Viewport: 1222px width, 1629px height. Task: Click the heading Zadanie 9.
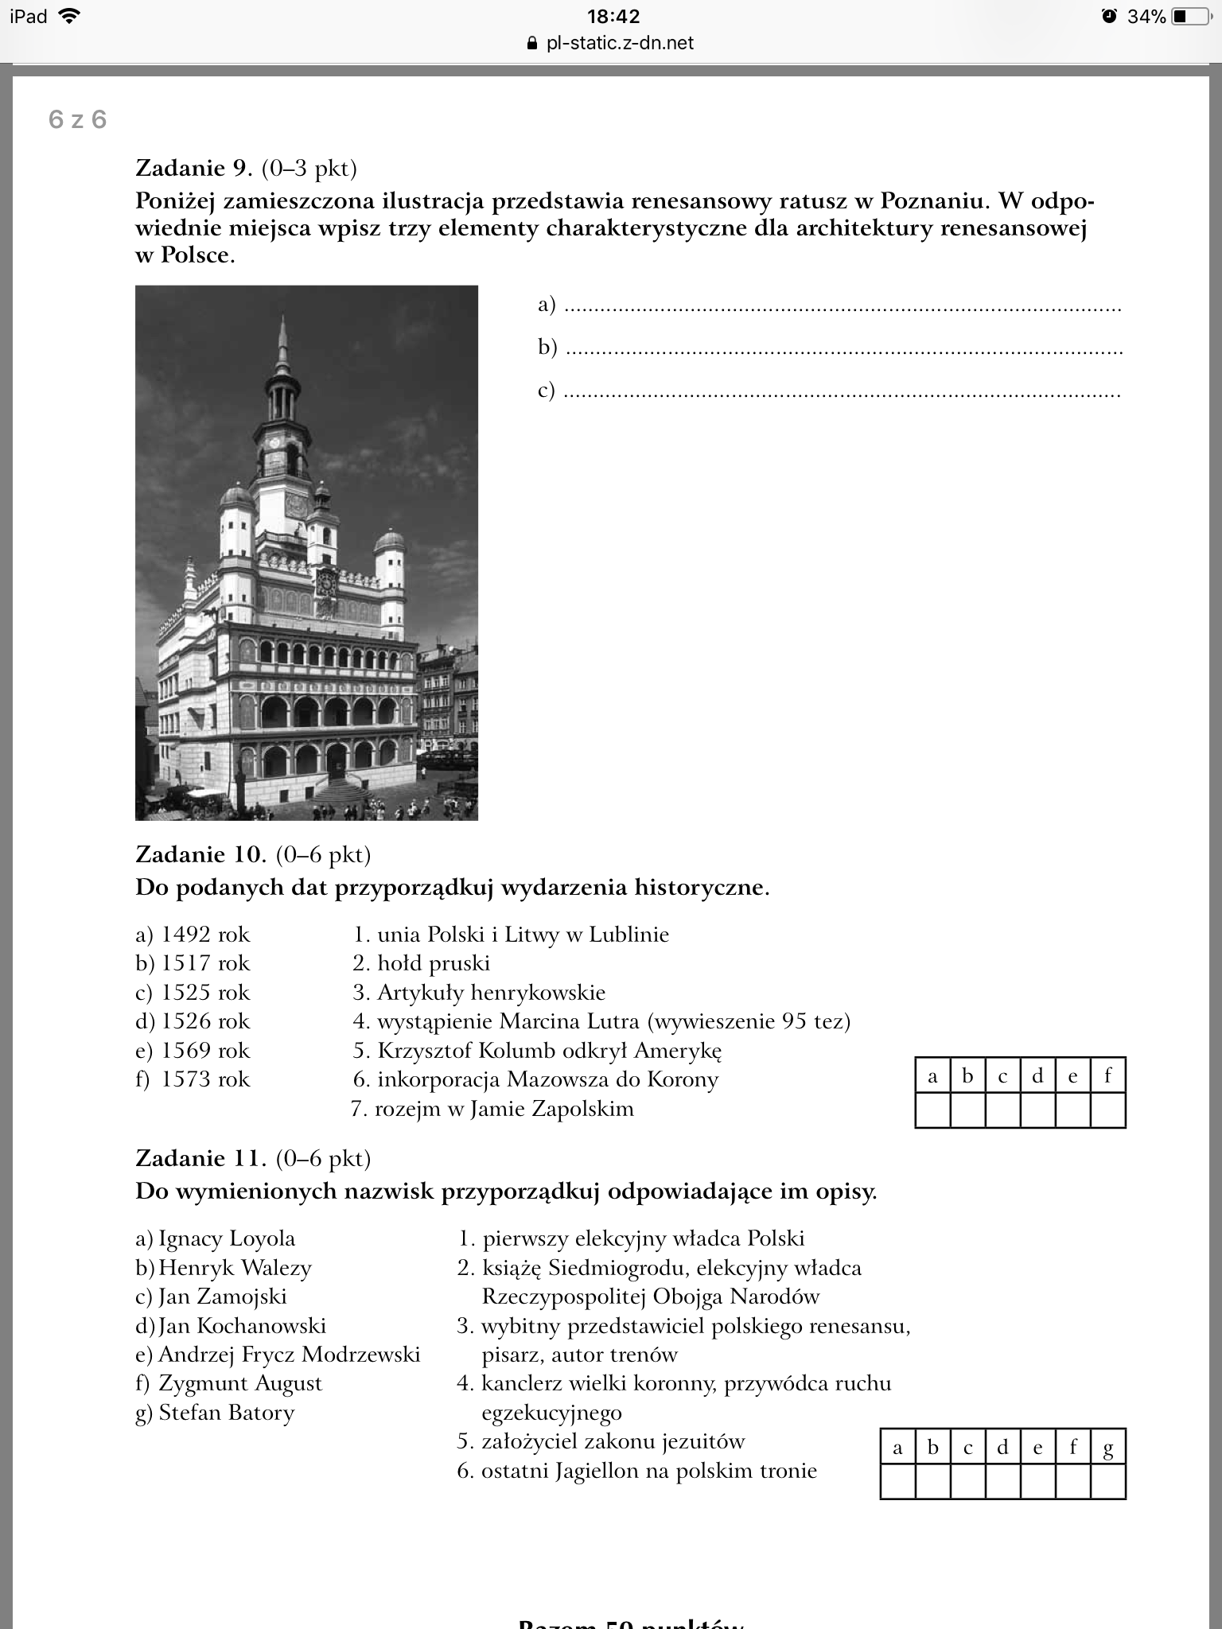(193, 168)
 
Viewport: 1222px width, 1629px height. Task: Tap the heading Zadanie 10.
(200, 854)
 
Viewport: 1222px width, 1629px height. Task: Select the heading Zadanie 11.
(200, 1158)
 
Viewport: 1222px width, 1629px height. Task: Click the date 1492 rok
(204, 935)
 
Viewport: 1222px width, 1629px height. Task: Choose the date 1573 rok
(204, 1079)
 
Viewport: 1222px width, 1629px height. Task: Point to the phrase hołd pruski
(433, 963)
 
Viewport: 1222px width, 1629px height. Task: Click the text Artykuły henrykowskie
(491, 993)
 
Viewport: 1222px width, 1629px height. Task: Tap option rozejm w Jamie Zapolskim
(504, 1109)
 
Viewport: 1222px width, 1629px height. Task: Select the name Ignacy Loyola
(226, 1238)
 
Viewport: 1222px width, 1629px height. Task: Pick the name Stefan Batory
(226, 1413)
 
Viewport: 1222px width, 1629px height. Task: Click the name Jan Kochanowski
(242, 1326)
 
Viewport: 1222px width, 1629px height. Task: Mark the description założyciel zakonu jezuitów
(613, 1441)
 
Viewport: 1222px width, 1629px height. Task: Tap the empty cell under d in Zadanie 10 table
(1037, 1110)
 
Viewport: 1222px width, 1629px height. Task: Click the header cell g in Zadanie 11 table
(1107, 1448)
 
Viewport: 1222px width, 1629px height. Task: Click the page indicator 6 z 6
(77, 119)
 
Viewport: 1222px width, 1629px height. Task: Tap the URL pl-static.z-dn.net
(620, 43)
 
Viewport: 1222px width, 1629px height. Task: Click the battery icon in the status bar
(1191, 16)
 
